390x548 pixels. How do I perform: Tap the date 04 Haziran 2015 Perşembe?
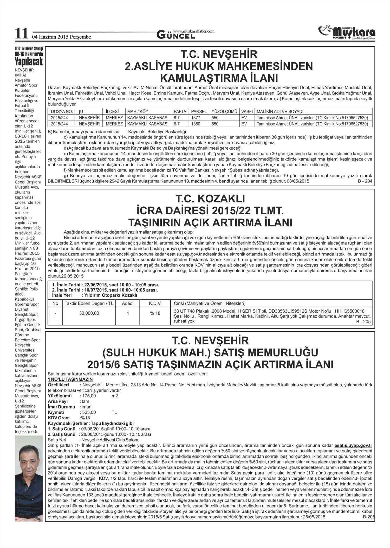coord(61,37)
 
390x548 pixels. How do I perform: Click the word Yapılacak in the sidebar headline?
coord(29,61)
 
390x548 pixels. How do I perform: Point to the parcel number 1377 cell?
coord(196,118)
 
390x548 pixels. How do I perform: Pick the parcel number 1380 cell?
coord(196,124)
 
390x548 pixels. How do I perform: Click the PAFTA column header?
coord(180,111)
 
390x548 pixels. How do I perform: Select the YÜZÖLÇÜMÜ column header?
coord(224,111)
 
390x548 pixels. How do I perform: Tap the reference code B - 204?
coord(365,181)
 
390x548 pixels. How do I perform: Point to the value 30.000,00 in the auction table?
coord(89,313)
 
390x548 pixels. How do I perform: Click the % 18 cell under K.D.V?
coord(155,313)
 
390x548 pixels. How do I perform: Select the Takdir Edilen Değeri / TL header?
coord(89,303)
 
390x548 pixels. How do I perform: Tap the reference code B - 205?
coord(363,322)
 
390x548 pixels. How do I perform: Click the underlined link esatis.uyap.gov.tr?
coord(353,445)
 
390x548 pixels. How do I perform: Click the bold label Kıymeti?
coord(56,412)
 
